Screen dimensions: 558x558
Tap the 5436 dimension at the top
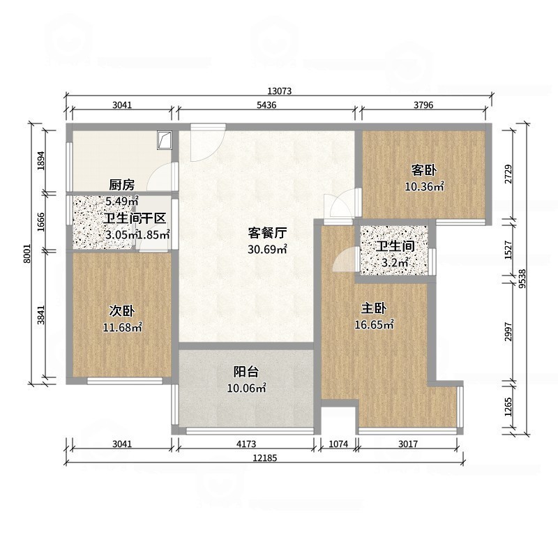click(268, 105)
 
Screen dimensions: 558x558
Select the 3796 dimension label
click(423, 105)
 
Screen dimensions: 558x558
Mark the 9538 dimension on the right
click(521, 278)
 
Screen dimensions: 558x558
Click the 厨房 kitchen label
click(121, 185)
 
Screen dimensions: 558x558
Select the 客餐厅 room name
click(269, 233)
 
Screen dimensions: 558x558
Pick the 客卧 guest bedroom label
click(424, 170)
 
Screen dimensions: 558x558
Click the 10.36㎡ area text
click(425, 186)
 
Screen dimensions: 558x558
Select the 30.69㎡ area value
click(268, 249)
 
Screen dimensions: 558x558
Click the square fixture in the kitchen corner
click(165, 139)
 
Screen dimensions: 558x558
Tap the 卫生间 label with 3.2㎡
click(395, 247)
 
